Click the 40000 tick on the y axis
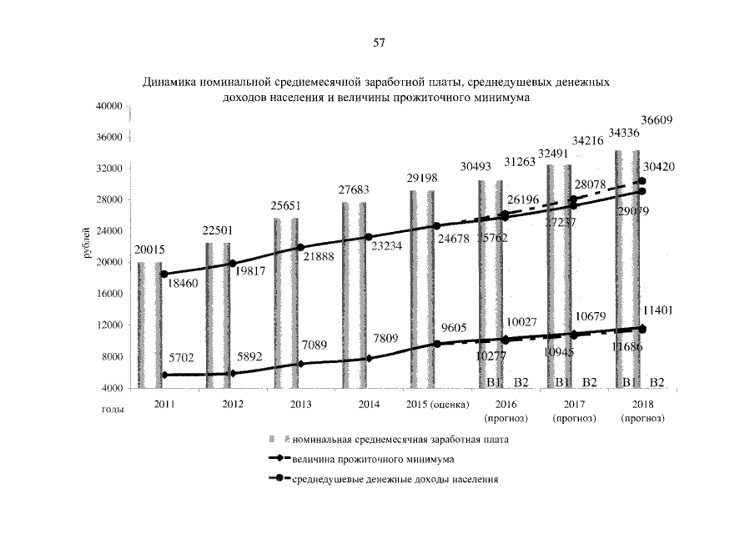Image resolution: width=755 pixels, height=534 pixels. tap(110, 106)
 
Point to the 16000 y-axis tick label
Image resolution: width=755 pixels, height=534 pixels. tap(110, 295)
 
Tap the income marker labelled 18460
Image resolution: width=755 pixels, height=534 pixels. tap(165, 274)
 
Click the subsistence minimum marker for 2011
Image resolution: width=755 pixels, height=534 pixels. tap(165, 375)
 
